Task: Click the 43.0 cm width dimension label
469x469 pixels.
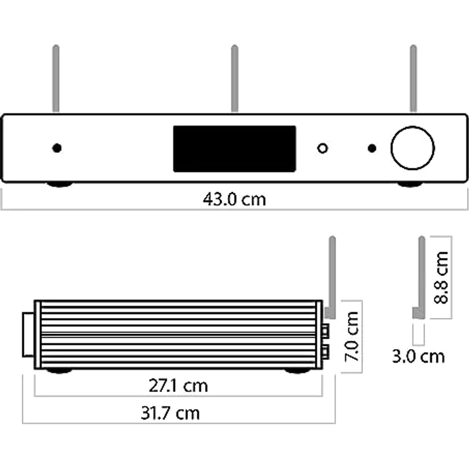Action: (x=234, y=199)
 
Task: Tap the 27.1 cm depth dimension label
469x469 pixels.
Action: (x=178, y=386)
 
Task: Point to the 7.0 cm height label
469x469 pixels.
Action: (x=352, y=336)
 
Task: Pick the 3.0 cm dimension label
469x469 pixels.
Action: (x=418, y=356)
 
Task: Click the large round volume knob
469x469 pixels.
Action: (x=412, y=148)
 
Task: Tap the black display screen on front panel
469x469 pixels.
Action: (x=234, y=148)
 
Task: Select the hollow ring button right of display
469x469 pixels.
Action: (x=323, y=148)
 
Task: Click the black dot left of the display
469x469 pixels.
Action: (x=57, y=148)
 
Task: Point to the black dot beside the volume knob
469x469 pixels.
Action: (x=372, y=148)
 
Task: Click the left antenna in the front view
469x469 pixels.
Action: (x=56, y=78)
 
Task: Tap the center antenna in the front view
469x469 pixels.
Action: (x=234, y=78)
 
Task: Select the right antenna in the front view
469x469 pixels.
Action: (x=413, y=78)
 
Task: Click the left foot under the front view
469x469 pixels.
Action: (x=60, y=184)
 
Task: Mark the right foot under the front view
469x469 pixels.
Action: (x=410, y=184)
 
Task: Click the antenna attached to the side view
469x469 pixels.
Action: (x=331, y=274)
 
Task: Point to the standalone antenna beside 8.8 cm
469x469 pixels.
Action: (x=421, y=274)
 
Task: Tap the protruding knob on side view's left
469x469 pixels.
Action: (x=28, y=335)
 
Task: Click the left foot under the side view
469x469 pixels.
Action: (x=59, y=370)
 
